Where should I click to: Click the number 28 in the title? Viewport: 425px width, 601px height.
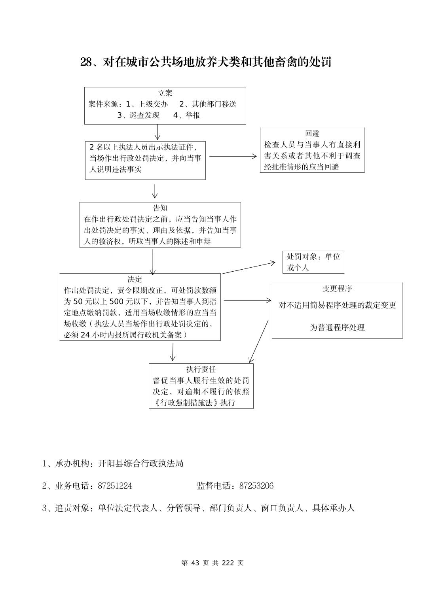(86, 62)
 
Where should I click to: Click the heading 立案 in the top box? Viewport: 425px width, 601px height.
(165, 93)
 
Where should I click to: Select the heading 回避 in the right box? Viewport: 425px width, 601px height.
(312, 134)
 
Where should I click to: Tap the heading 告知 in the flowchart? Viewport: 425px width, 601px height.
(160, 208)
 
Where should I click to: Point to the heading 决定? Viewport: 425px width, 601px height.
(135, 279)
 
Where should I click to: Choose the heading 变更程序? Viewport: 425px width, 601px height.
(337, 289)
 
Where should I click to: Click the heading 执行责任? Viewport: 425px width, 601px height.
(201, 369)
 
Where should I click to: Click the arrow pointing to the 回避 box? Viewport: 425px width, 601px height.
(233, 156)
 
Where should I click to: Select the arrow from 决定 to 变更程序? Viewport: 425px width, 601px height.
(247, 300)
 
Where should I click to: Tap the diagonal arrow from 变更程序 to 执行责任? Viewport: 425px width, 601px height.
(258, 341)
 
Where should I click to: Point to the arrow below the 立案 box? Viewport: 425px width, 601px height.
(157, 132)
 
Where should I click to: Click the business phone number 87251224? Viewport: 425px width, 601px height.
(115, 486)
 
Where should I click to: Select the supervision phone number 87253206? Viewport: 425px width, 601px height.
(256, 486)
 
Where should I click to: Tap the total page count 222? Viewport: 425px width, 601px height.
(228, 563)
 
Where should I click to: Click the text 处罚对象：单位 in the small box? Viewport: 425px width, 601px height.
(313, 257)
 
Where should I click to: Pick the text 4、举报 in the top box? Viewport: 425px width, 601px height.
(187, 115)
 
